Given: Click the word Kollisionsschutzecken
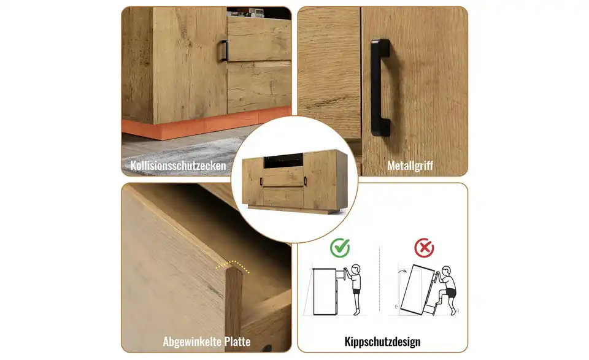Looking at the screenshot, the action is pos(178,166).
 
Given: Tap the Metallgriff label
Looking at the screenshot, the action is pos(410,166).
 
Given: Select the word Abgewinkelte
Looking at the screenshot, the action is pos(192,342).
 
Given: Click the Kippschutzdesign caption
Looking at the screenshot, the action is pos(382,342).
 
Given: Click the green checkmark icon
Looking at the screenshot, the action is pos(340,248).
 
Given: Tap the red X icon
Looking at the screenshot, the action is pos(424,248).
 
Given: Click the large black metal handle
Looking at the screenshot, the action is pos(380,88).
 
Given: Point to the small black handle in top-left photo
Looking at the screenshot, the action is pos(225,51).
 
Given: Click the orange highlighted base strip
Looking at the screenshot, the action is pos(206,123).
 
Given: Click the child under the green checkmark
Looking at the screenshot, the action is pos(355,289).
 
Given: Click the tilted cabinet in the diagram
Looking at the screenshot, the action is pos(417,289).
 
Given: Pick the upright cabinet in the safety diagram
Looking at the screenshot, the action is pos(325,291).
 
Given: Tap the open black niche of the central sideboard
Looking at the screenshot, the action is pos(283,161).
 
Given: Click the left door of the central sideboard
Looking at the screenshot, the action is pos(252,182).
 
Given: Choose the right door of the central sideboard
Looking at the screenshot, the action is pos(320,180).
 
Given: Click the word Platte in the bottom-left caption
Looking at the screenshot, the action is pos(237,342).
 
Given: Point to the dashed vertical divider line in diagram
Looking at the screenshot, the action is pos(379,279).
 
